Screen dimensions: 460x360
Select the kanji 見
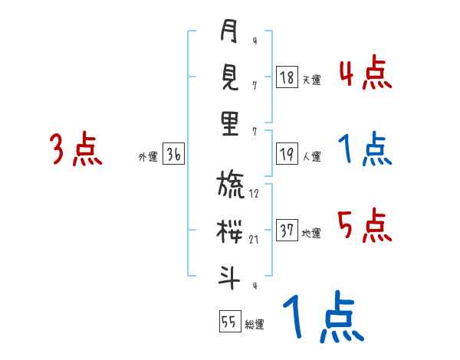230,77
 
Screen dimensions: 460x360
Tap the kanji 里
230,123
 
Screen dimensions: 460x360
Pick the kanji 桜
230,231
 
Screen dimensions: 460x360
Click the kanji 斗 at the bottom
230,277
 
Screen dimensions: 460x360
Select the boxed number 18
286,77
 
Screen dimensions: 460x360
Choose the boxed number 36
173,155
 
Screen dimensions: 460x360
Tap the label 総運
255,325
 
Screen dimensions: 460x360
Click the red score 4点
365,73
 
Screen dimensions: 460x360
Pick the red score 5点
365,225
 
